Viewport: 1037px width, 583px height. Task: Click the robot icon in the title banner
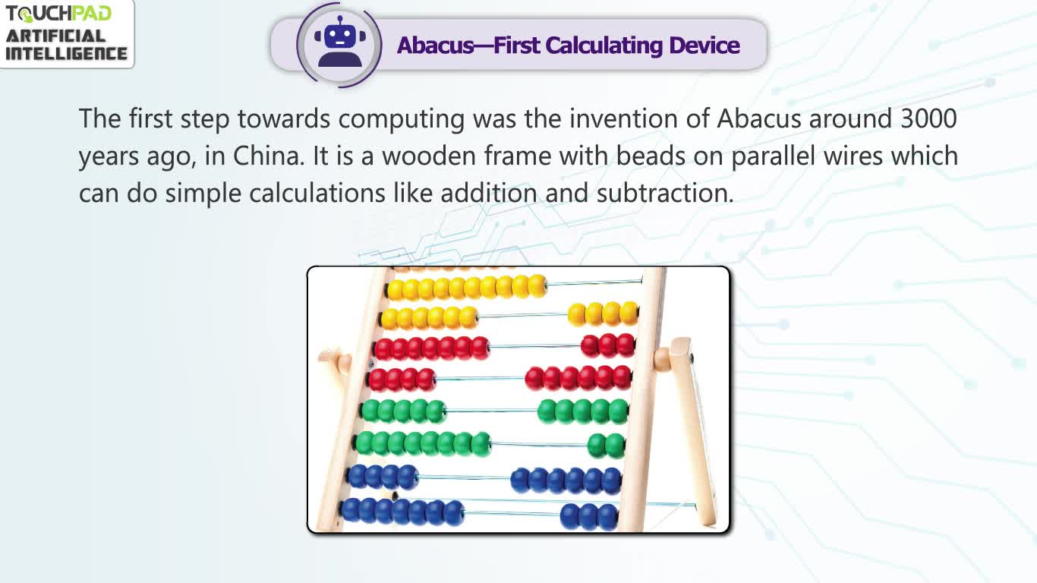(x=340, y=42)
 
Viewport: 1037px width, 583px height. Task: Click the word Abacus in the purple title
(x=435, y=46)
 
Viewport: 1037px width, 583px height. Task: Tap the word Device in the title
(x=704, y=46)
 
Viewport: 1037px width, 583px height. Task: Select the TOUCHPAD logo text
(x=58, y=14)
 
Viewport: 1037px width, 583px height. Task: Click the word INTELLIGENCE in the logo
(x=66, y=53)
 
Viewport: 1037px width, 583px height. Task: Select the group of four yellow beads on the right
(x=604, y=314)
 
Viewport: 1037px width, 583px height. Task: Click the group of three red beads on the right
(x=608, y=345)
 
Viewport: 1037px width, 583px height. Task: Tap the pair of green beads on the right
(x=606, y=446)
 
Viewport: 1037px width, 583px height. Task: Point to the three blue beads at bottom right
(x=589, y=516)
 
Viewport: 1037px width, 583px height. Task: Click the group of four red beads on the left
(x=402, y=380)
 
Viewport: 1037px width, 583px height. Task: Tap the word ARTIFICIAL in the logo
(x=55, y=36)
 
